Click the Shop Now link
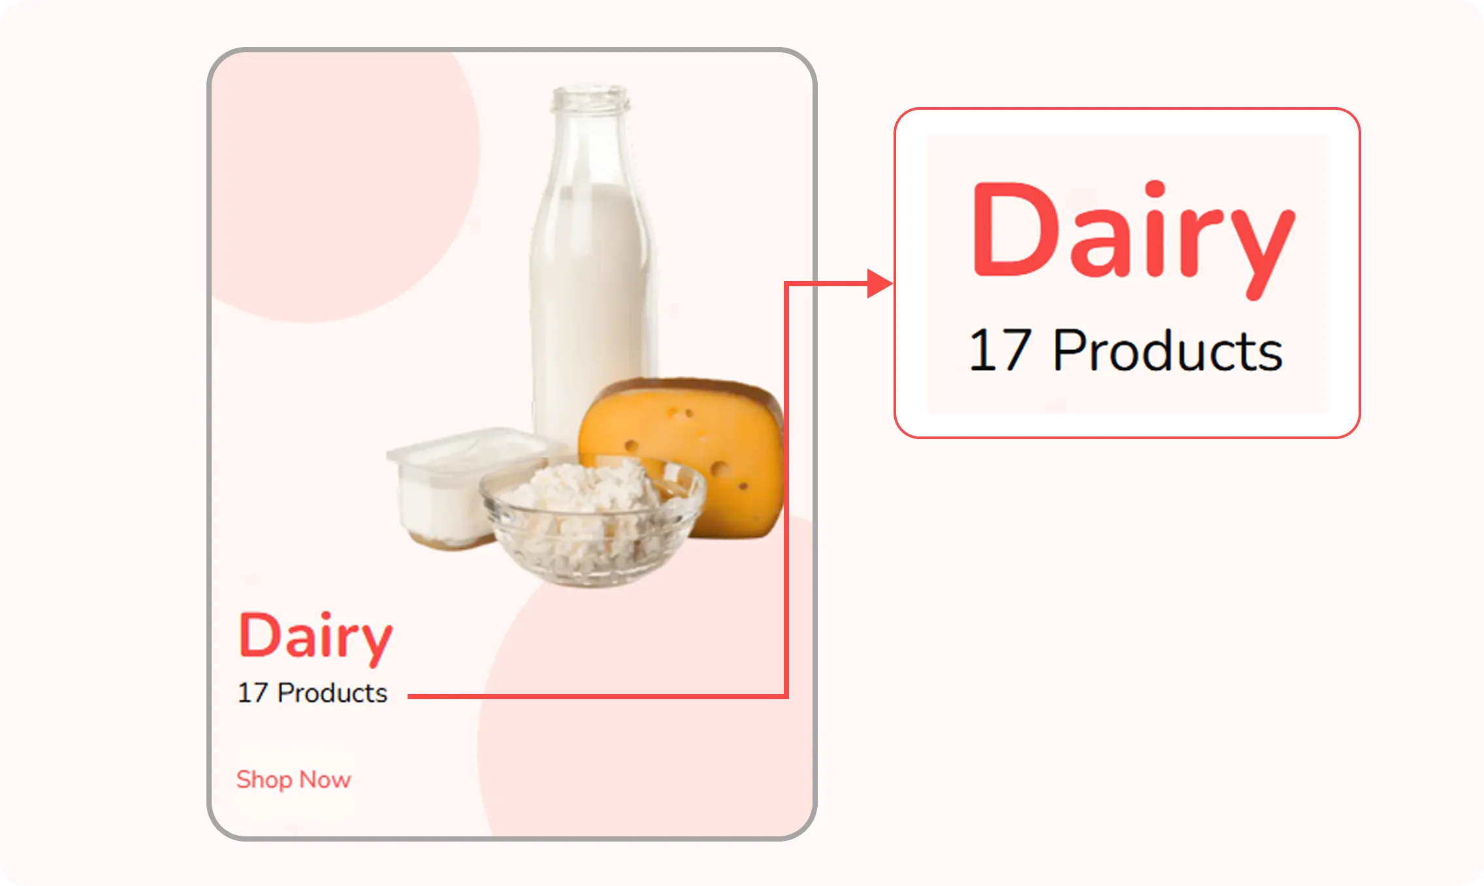pyautogui.click(x=293, y=779)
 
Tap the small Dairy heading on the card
pyautogui.click(x=315, y=638)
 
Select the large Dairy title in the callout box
pyautogui.click(x=1133, y=239)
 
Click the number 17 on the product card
pyautogui.click(x=252, y=693)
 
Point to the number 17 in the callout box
pyautogui.click(x=1000, y=350)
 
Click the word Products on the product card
pyautogui.click(x=332, y=693)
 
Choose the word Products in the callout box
pyautogui.click(x=1168, y=350)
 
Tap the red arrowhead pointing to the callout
pyautogui.click(x=879, y=284)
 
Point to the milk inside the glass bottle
pyautogui.click(x=591, y=294)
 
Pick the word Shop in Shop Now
pyautogui.click(x=264, y=780)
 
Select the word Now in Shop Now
pyautogui.click(x=325, y=779)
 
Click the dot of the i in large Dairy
pyautogui.click(x=1155, y=188)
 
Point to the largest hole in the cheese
pyautogui.click(x=720, y=470)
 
